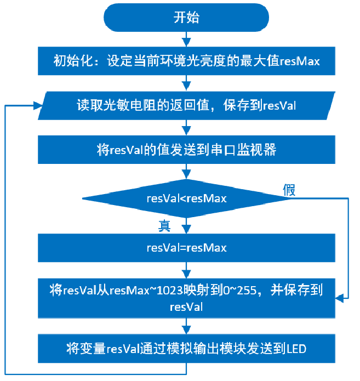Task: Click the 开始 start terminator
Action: point(186,18)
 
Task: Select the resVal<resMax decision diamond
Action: point(186,198)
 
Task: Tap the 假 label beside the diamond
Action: point(289,190)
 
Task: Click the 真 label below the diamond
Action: point(164,226)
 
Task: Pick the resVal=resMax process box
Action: point(186,248)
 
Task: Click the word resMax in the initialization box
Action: point(300,61)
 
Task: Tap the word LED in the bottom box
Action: point(296,349)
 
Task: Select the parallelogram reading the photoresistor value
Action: point(186,106)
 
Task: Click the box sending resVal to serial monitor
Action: point(186,150)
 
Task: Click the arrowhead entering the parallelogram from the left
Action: point(38,106)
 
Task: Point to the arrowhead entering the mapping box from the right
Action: point(340,298)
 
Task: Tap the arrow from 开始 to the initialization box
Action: point(186,39)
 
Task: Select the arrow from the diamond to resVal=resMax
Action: point(186,226)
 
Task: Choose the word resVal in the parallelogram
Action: point(279,106)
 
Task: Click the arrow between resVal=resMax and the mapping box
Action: point(186,270)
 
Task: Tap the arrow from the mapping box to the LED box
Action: point(186,326)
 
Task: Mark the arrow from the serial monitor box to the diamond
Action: point(186,171)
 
